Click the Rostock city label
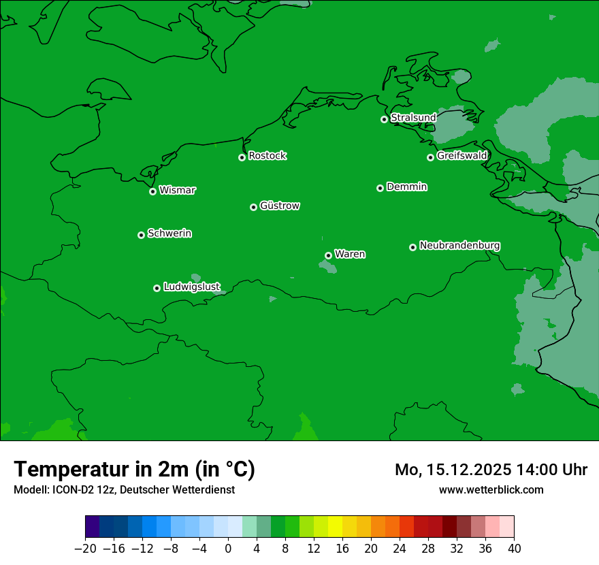pos(268,156)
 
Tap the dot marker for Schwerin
pos(141,235)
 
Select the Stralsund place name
pos(413,118)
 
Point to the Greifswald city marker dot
pos(430,157)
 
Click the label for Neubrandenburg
pos(459,246)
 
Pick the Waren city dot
pos(328,255)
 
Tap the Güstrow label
pos(280,206)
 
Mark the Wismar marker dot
pos(152,191)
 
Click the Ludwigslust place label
pos(191,287)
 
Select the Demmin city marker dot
pos(380,188)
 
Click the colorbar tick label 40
pos(514,549)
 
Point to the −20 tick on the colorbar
pos(85,549)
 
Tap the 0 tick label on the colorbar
pos(228,549)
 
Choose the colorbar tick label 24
pos(400,549)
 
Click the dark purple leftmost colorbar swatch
pos(92,527)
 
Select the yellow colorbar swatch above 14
pos(335,527)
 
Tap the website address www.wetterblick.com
pos(491,489)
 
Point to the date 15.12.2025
pos(463,470)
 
